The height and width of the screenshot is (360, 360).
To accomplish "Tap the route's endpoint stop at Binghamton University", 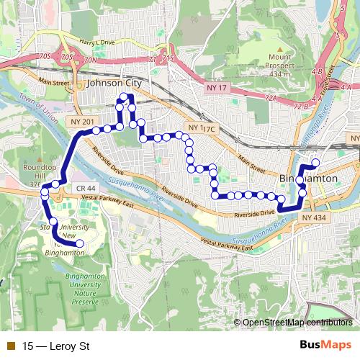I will [x=79, y=244].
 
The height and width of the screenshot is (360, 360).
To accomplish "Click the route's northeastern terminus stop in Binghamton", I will [x=315, y=162].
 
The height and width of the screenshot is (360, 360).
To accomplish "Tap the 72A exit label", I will [x=271, y=96].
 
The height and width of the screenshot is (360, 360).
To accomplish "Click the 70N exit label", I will [x=89, y=60].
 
